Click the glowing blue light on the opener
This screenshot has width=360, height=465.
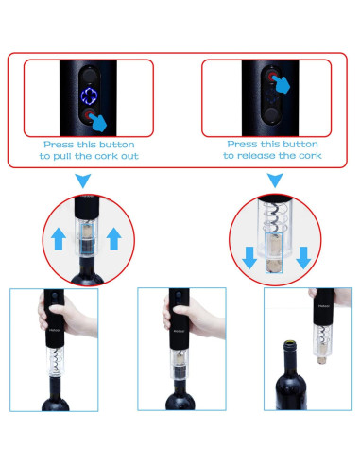pos(90,95)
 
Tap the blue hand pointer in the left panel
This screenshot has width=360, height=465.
pos(99,120)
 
